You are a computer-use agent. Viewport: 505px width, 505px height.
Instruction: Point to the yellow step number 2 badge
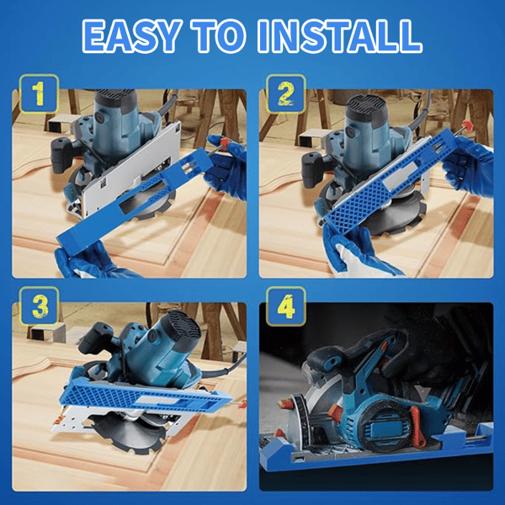(x=284, y=95)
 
